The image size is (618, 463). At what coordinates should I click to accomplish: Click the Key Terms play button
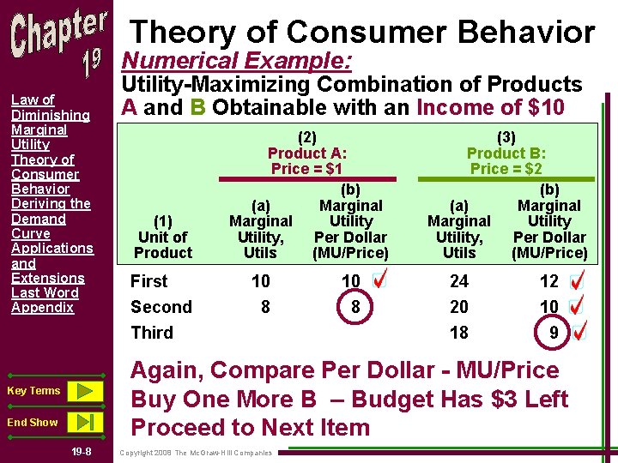[x=84, y=391]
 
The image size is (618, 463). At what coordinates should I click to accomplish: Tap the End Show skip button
[x=84, y=422]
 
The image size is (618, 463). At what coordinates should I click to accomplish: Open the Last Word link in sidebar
[x=45, y=292]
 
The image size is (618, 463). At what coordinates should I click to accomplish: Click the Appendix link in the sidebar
[x=42, y=307]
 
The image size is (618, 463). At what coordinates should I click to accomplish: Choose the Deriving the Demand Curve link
[x=50, y=218]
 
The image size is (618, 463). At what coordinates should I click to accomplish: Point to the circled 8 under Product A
[x=351, y=307]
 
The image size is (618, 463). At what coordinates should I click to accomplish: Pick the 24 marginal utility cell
[x=459, y=281]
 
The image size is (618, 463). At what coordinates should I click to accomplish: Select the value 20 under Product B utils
[x=459, y=307]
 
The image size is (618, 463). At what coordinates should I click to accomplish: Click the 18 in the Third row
[x=459, y=333]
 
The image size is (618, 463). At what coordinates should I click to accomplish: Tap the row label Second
[x=161, y=307]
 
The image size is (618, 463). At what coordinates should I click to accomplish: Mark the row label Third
[x=152, y=333]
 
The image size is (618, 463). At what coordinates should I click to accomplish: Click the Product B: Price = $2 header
[x=506, y=152]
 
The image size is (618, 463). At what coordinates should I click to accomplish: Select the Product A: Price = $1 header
[x=306, y=152]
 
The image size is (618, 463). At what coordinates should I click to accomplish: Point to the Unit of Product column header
[x=163, y=237]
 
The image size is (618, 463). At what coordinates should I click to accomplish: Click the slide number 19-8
[x=82, y=452]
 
